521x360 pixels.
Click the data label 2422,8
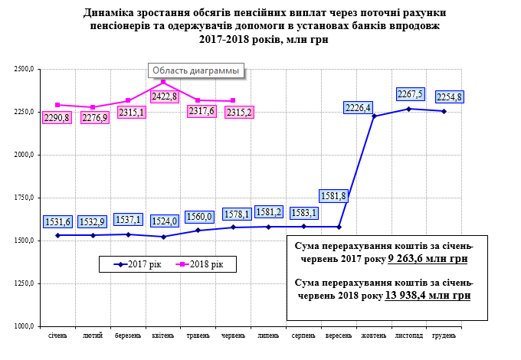[165, 97]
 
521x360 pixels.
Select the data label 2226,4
[358, 108]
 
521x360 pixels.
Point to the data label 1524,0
[165, 221]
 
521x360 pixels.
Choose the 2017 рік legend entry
[137, 263]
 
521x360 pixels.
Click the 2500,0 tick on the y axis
[25, 69]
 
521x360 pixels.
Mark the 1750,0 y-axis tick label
[25, 198]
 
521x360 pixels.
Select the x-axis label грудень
[444, 336]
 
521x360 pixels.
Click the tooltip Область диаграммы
[194, 70]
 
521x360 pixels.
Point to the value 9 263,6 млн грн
[427, 259]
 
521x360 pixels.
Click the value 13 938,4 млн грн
[428, 294]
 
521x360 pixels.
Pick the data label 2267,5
[410, 94]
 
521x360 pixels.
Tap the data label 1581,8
[334, 196]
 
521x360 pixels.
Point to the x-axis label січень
[58, 336]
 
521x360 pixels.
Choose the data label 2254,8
[448, 97]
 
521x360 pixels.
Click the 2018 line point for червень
[233, 101]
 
